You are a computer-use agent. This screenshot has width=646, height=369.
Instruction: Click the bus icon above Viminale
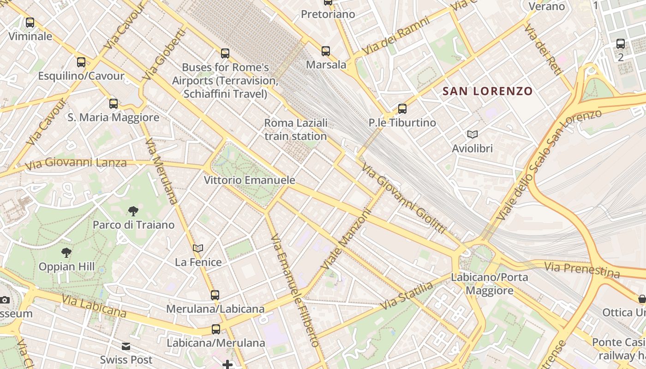(x=30, y=22)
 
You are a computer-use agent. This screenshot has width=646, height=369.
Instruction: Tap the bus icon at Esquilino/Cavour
(x=81, y=62)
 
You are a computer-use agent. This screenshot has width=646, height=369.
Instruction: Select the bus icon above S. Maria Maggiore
(x=114, y=104)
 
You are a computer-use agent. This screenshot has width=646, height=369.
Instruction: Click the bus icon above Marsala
(x=326, y=51)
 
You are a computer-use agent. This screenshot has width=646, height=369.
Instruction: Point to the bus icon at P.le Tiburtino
(x=402, y=109)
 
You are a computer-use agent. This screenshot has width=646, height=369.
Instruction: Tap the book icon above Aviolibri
(x=472, y=135)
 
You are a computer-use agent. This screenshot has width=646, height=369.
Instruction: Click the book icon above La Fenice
(x=198, y=249)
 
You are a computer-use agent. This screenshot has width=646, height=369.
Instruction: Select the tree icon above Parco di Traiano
(x=133, y=211)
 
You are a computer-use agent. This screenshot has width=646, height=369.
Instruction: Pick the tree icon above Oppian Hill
(x=66, y=253)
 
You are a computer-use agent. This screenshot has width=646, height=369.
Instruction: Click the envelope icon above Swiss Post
(x=126, y=346)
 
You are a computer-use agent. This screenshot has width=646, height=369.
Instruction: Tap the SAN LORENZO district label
(x=487, y=91)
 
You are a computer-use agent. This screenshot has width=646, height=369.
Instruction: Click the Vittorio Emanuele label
(x=250, y=180)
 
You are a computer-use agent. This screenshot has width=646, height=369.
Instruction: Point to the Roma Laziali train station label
(x=296, y=130)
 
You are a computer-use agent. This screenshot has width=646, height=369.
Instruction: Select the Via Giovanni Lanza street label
(x=76, y=163)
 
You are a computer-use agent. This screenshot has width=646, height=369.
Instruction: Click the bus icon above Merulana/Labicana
(x=215, y=295)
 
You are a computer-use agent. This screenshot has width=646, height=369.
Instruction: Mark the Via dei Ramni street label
(x=395, y=36)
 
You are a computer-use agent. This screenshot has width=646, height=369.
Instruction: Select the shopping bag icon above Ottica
(x=642, y=299)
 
